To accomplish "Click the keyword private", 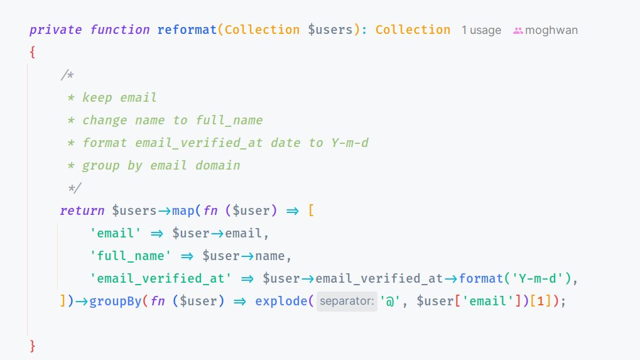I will pos(56,30).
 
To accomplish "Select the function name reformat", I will pos(187,30).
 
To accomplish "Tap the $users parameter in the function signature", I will pos(330,30).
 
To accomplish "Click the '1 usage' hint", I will pos(481,30).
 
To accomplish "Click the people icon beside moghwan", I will pos(518,30).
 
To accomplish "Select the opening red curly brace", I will pos(32,53).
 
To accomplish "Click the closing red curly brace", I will pos(32,346).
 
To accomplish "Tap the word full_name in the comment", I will pos(229,120).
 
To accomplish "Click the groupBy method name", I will pos(116,301).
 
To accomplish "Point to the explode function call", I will pos(281,301).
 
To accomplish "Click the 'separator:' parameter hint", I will pos(347,302).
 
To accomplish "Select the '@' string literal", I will pos(390,301).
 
